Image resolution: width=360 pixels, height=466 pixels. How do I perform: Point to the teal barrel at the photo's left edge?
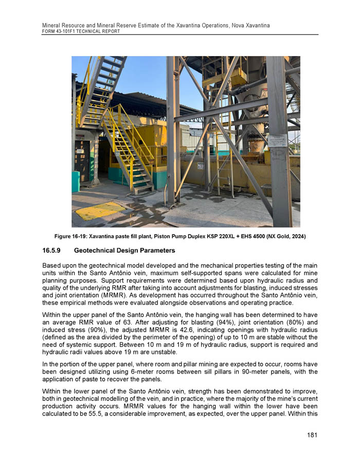click(x=75, y=182)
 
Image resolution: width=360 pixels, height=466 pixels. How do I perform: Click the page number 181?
click(x=312, y=435)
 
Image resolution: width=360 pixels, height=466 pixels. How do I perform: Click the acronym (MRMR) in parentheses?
click(x=132, y=296)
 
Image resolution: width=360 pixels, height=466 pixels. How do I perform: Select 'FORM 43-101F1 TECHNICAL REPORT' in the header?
click(x=81, y=31)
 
